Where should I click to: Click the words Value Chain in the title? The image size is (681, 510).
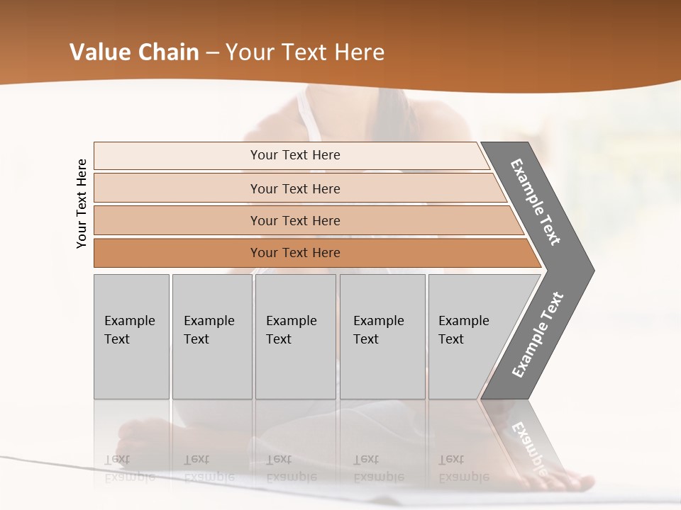[x=134, y=52]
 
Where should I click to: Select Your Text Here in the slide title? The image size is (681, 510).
[x=305, y=52]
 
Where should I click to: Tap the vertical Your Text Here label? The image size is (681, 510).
[x=82, y=203]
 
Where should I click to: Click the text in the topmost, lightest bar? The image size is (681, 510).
[x=295, y=155]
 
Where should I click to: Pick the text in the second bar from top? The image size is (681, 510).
[x=295, y=188]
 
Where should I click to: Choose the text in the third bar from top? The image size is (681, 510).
[x=295, y=220]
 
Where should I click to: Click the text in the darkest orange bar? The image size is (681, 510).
[x=295, y=253]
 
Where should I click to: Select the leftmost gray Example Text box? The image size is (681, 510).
[x=131, y=336]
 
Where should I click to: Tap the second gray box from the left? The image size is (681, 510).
[x=211, y=336]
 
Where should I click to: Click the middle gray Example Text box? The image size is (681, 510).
[x=295, y=336]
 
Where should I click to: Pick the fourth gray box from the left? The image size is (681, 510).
[x=382, y=336]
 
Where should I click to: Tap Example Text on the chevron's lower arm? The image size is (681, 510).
[x=537, y=334]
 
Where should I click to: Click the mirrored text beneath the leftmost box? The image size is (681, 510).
[x=130, y=468]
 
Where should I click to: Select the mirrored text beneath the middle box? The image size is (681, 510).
[x=291, y=468]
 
